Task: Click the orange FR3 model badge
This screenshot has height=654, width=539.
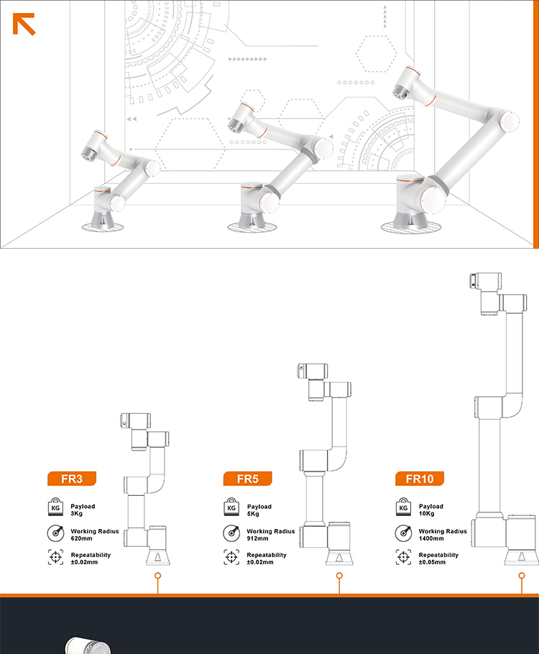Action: [72, 479]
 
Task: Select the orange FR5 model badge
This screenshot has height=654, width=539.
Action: [247, 479]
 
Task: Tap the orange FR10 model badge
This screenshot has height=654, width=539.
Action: [419, 479]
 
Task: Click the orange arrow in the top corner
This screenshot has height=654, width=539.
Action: [24, 24]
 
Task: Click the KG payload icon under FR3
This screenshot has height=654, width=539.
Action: [55, 507]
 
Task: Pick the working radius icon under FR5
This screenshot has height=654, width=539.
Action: [231, 533]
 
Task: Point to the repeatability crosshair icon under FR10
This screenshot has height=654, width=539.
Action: [403, 557]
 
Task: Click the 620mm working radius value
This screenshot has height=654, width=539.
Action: [81, 538]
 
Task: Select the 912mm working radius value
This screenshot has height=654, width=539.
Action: [257, 538]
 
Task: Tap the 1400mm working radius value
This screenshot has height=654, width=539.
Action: [431, 538]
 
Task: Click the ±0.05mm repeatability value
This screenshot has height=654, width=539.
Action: [432, 562]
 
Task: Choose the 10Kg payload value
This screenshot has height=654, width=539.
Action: [426, 513]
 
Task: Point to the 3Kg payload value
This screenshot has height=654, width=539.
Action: [76, 513]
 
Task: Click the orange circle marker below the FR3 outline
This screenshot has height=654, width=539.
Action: [157, 576]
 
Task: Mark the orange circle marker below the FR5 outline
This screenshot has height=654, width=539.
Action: [339, 576]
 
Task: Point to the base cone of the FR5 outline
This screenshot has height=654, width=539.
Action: [339, 558]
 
